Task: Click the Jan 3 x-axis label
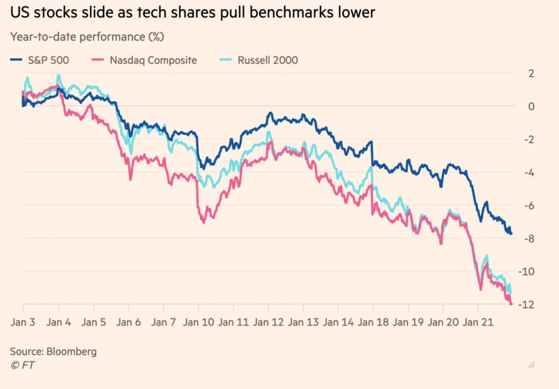(23, 322)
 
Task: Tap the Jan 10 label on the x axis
(198, 322)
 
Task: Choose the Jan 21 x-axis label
(478, 322)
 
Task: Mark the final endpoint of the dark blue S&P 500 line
(512, 233)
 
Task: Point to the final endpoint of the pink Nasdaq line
(512, 304)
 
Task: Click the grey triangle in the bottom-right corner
(530, 364)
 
